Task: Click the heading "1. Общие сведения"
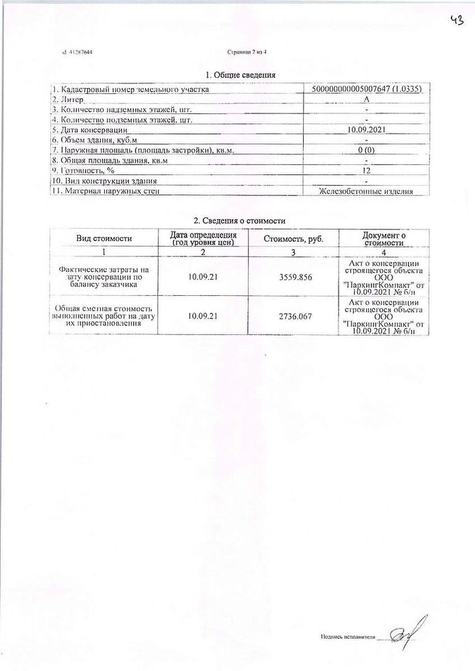click(241, 75)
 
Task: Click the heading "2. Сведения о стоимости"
click(240, 220)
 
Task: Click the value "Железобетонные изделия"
click(365, 192)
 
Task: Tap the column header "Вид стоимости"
click(103, 238)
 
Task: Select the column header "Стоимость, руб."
click(293, 238)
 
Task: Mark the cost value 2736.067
click(293, 315)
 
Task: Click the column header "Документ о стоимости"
click(384, 239)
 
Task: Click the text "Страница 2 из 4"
click(247, 52)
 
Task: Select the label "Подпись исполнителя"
click(347, 635)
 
